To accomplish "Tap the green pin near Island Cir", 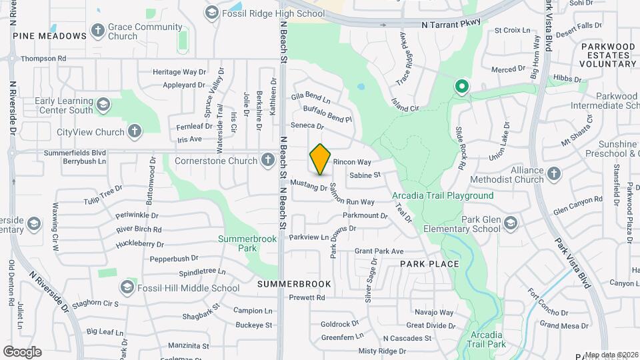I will [461, 87].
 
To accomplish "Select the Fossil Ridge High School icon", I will [212, 12].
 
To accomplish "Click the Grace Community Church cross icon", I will [98, 31].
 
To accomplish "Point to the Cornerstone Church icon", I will [267, 160].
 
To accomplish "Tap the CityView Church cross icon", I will [135, 132].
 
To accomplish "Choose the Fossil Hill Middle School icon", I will [127, 288].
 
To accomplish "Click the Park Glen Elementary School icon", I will [511, 223].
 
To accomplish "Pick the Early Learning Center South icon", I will [103, 105].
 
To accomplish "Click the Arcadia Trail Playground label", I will [443, 195].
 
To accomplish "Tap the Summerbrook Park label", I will [238, 243].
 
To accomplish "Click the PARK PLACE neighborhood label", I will [429, 264].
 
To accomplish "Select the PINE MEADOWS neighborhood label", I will [49, 35].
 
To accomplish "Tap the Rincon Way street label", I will [351, 162].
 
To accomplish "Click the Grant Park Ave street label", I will [379, 251].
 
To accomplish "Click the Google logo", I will [22, 351].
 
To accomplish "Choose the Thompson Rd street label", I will [43, 59].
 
